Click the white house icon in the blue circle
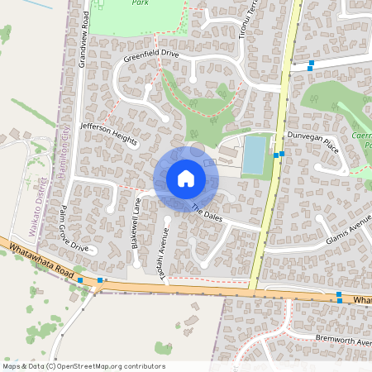[x=185, y=179]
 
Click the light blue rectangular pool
[x=254, y=155]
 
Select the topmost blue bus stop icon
[x=311, y=63]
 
